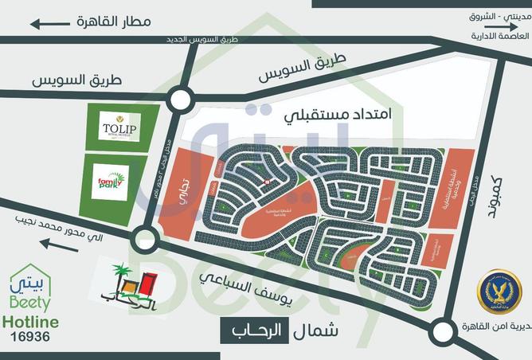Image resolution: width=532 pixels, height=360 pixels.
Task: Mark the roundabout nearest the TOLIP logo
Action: (182, 100)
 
